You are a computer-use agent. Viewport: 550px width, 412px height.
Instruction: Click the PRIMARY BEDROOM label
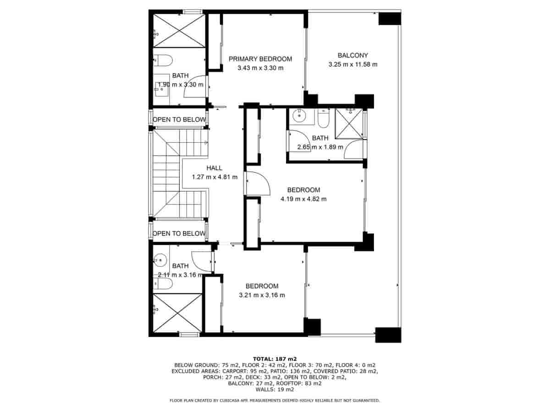pos(260,59)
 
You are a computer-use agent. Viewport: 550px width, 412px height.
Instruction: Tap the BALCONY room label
pos(352,55)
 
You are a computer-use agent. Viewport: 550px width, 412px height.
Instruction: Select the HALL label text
pos(214,168)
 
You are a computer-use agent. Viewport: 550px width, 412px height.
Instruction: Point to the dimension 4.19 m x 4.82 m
pos(303,199)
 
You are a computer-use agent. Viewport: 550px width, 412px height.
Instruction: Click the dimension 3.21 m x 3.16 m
pos(262,295)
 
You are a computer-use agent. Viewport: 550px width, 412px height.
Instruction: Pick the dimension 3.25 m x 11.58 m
pos(352,65)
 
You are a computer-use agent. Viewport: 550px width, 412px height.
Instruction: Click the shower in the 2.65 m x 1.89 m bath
pos(349,122)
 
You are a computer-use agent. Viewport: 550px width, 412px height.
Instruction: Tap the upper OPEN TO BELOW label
pos(179,120)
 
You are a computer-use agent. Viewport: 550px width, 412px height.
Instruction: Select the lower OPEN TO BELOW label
pos(179,233)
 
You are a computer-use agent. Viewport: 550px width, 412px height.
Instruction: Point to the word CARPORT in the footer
pos(235,371)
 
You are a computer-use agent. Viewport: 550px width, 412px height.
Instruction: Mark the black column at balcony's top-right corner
pos(390,18)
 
